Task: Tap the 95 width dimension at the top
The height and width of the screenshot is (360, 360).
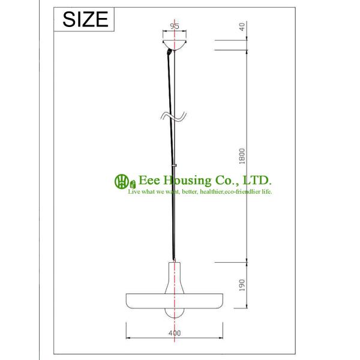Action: (175, 26)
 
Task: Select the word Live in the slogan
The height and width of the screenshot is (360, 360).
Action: (133, 191)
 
